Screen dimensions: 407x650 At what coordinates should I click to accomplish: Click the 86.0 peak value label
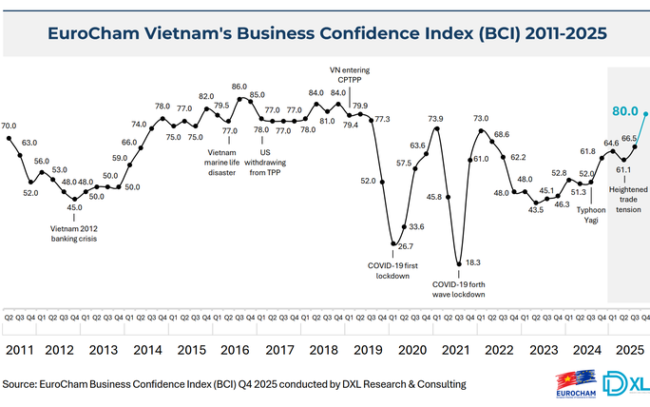(x=239, y=87)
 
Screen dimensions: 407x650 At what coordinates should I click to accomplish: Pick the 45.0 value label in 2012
(x=74, y=208)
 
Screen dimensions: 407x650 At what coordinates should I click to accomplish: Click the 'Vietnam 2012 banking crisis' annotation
(x=74, y=233)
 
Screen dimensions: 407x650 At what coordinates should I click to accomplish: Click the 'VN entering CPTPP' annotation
(x=348, y=75)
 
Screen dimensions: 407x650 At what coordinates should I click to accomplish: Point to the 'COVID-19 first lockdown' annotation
(x=392, y=270)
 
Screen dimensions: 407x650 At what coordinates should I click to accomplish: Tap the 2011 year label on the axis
(x=21, y=349)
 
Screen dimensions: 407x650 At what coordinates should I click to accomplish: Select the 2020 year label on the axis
(x=411, y=349)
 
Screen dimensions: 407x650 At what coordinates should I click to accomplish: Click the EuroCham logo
(x=574, y=384)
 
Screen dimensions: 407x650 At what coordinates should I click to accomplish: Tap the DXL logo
(x=627, y=382)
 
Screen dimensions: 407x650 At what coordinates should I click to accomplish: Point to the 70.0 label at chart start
(x=9, y=126)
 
